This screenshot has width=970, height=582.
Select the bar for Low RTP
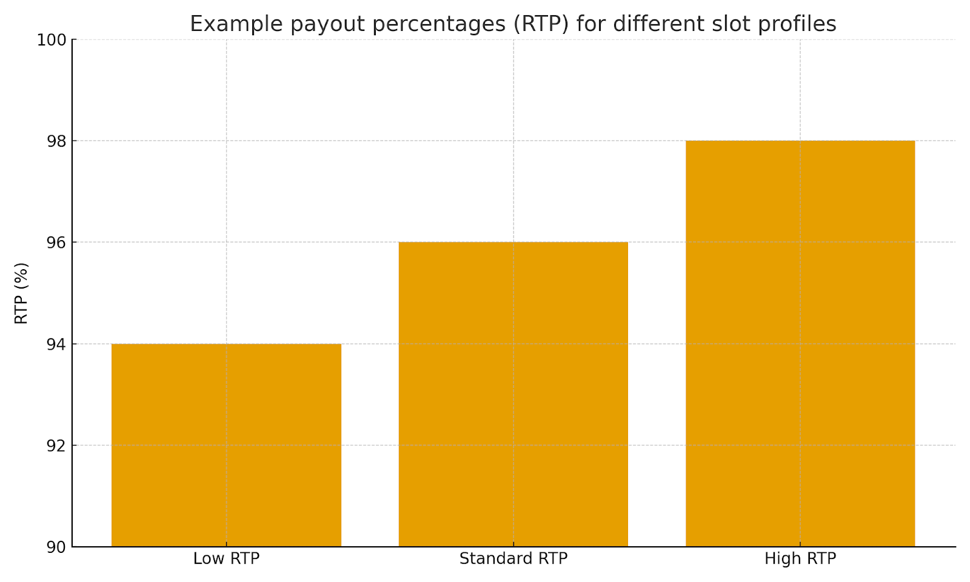pyautogui.click(x=226, y=445)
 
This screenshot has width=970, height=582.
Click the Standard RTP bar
pyautogui.click(x=513, y=394)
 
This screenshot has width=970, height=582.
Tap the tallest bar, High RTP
pyautogui.click(x=800, y=343)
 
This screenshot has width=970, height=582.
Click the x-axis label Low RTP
pyautogui.click(x=226, y=559)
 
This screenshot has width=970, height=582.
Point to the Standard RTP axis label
pyautogui.click(x=513, y=559)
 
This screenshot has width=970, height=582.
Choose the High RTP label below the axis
pyautogui.click(x=800, y=559)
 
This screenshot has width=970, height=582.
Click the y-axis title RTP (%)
pyautogui.click(x=21, y=293)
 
